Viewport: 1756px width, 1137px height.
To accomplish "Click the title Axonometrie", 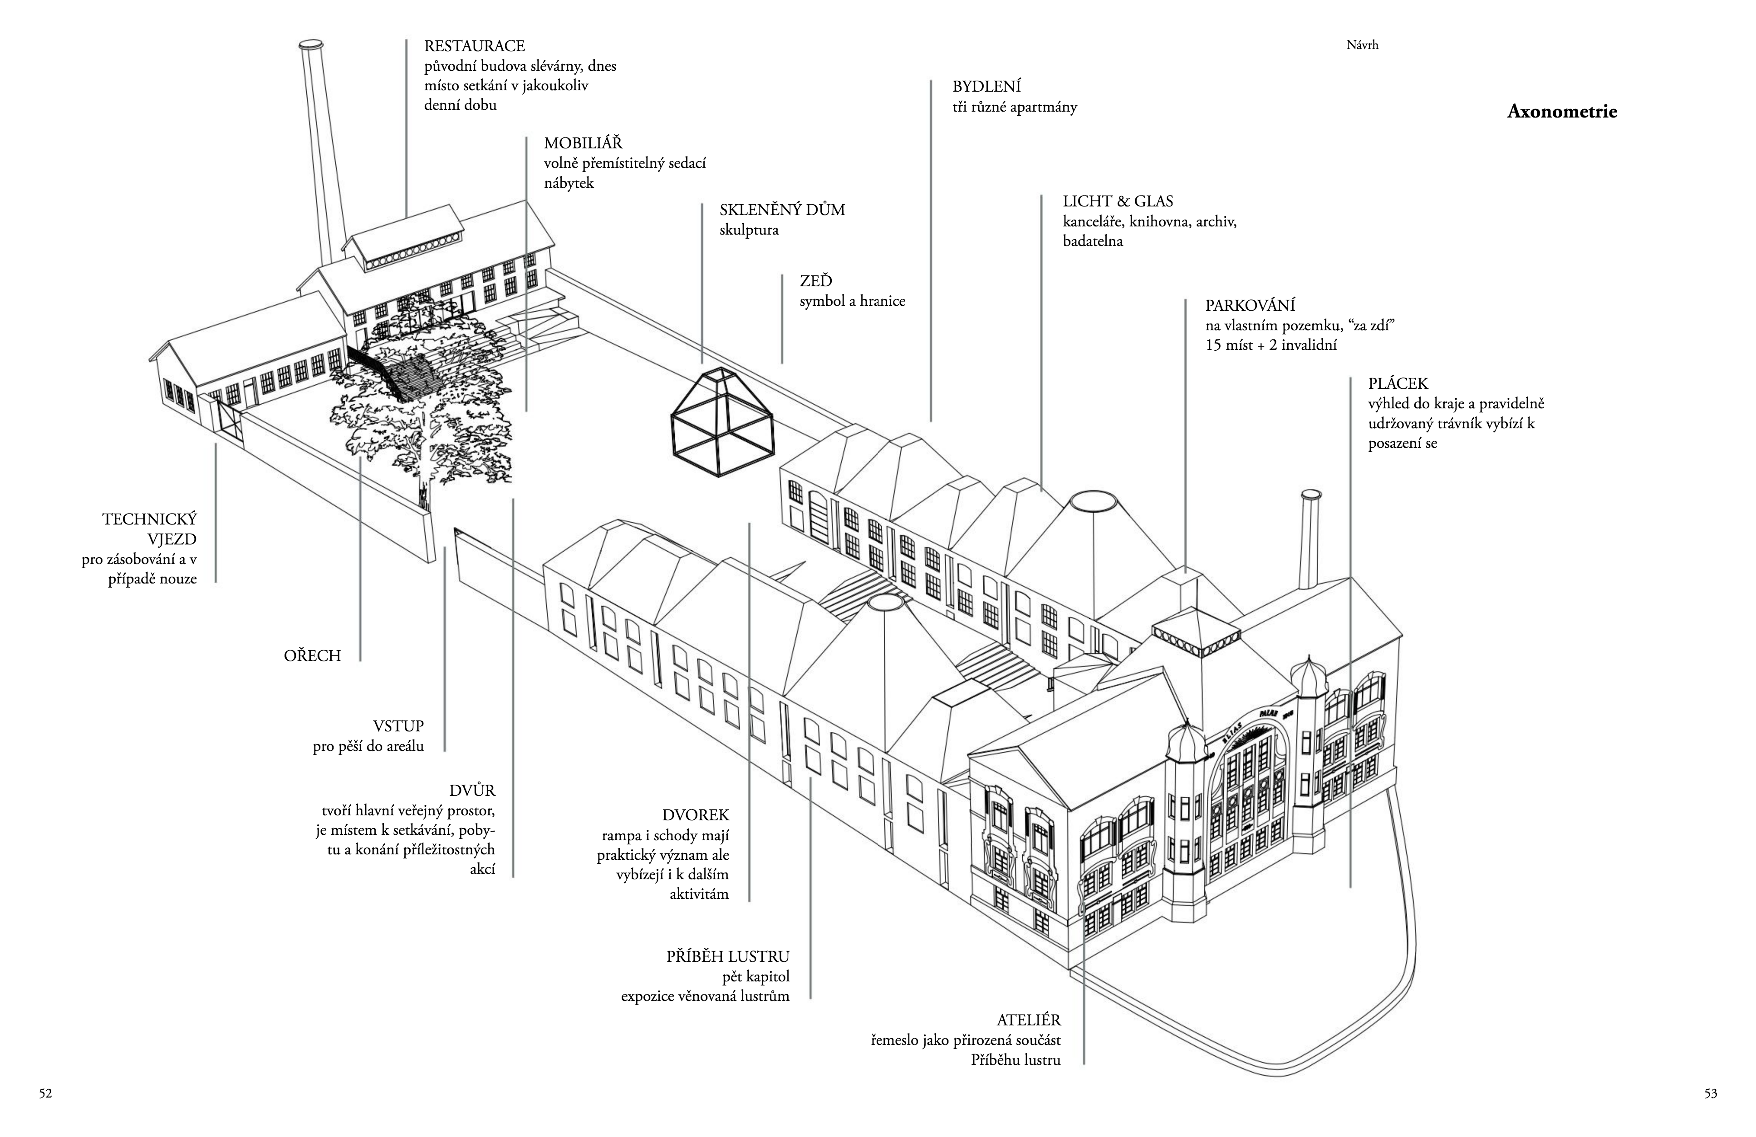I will (x=1561, y=112).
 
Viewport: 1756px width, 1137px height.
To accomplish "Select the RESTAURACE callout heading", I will (x=475, y=46).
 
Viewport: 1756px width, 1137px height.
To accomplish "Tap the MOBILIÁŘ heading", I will (x=583, y=143).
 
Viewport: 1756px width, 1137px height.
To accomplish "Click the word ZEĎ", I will (x=815, y=281).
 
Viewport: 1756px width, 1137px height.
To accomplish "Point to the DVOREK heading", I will (x=695, y=815).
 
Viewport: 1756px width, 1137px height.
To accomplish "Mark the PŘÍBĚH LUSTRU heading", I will (x=727, y=957).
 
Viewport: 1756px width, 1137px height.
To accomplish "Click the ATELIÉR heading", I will (x=1029, y=1020).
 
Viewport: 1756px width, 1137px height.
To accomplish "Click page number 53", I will (x=1710, y=1093).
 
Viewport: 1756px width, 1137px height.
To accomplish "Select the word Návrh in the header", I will (x=1362, y=45).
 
